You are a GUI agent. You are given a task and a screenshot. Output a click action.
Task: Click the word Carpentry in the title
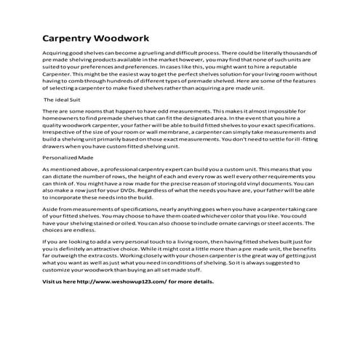(69, 37)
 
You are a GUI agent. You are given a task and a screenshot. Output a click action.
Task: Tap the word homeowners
(63, 119)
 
